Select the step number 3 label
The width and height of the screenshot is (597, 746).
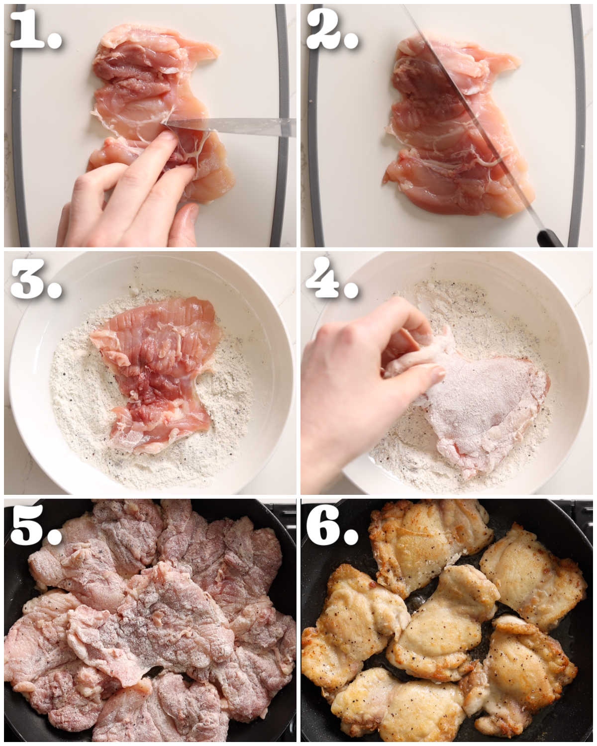point(36,279)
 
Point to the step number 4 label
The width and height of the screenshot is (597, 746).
point(332,279)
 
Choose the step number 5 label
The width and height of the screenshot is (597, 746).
point(36,526)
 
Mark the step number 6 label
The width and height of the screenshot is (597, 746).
point(332,526)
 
